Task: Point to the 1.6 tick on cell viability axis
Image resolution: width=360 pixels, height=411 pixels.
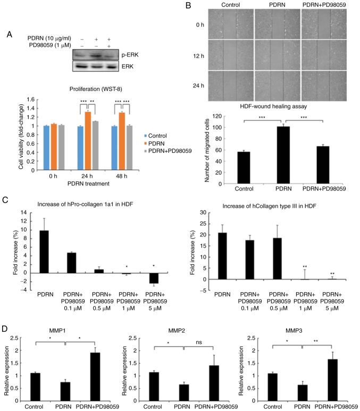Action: point(31,100)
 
